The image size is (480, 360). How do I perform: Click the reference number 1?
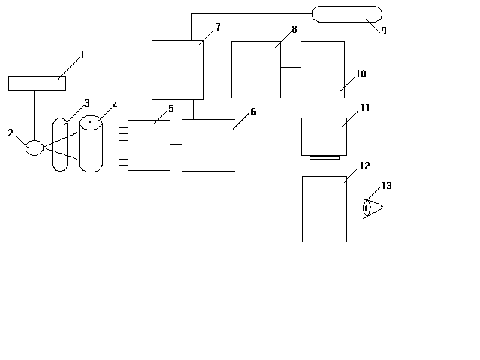tap(82, 55)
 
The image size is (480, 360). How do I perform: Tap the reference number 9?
tap(384, 30)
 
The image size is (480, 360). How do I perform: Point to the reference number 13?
tap(386, 186)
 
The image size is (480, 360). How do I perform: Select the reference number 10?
tap(361, 73)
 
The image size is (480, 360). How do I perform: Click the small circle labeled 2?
tap(34, 148)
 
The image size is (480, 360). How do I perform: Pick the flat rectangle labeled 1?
tap(37, 83)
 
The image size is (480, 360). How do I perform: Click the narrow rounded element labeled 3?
tap(60, 145)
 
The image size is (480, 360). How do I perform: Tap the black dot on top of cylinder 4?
tap(90, 121)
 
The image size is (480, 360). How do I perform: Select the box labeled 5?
tap(148, 145)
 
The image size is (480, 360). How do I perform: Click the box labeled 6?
tap(208, 145)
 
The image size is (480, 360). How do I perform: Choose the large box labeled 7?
tap(178, 70)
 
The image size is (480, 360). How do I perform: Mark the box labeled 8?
tap(256, 70)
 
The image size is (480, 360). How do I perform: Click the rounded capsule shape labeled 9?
tap(347, 14)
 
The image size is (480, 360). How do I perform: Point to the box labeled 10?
tap(322, 70)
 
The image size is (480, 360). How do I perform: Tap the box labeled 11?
tap(324, 136)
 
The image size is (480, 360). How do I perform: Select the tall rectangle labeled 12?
tap(325, 209)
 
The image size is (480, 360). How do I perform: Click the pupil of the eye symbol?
tap(366, 208)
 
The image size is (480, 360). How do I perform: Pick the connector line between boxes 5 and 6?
tap(175, 144)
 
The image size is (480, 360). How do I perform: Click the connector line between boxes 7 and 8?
tap(217, 67)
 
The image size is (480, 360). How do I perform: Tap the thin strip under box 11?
tap(325, 157)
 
